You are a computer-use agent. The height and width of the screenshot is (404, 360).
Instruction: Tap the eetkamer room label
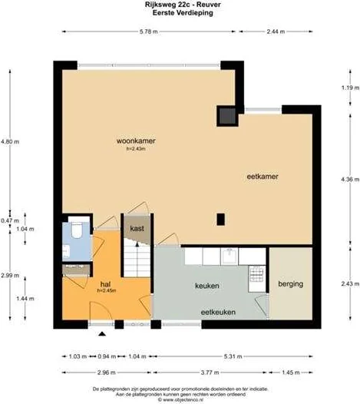tap(262, 176)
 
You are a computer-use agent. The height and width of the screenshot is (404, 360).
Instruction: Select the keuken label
tap(207, 286)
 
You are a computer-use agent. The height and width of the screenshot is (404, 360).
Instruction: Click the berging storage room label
tap(292, 283)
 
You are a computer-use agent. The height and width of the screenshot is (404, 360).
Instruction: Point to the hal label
tap(97, 283)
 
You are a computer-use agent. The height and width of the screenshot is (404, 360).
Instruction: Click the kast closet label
tap(137, 229)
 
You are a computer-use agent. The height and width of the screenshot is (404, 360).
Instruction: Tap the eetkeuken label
tap(218, 312)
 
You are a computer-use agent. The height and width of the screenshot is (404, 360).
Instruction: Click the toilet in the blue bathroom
tap(75, 232)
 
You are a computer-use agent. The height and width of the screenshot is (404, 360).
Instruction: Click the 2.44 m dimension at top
tap(275, 31)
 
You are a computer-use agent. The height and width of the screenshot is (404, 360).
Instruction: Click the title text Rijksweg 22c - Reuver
tap(180, 5)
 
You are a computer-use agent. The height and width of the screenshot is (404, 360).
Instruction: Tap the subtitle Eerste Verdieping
tap(180, 14)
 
